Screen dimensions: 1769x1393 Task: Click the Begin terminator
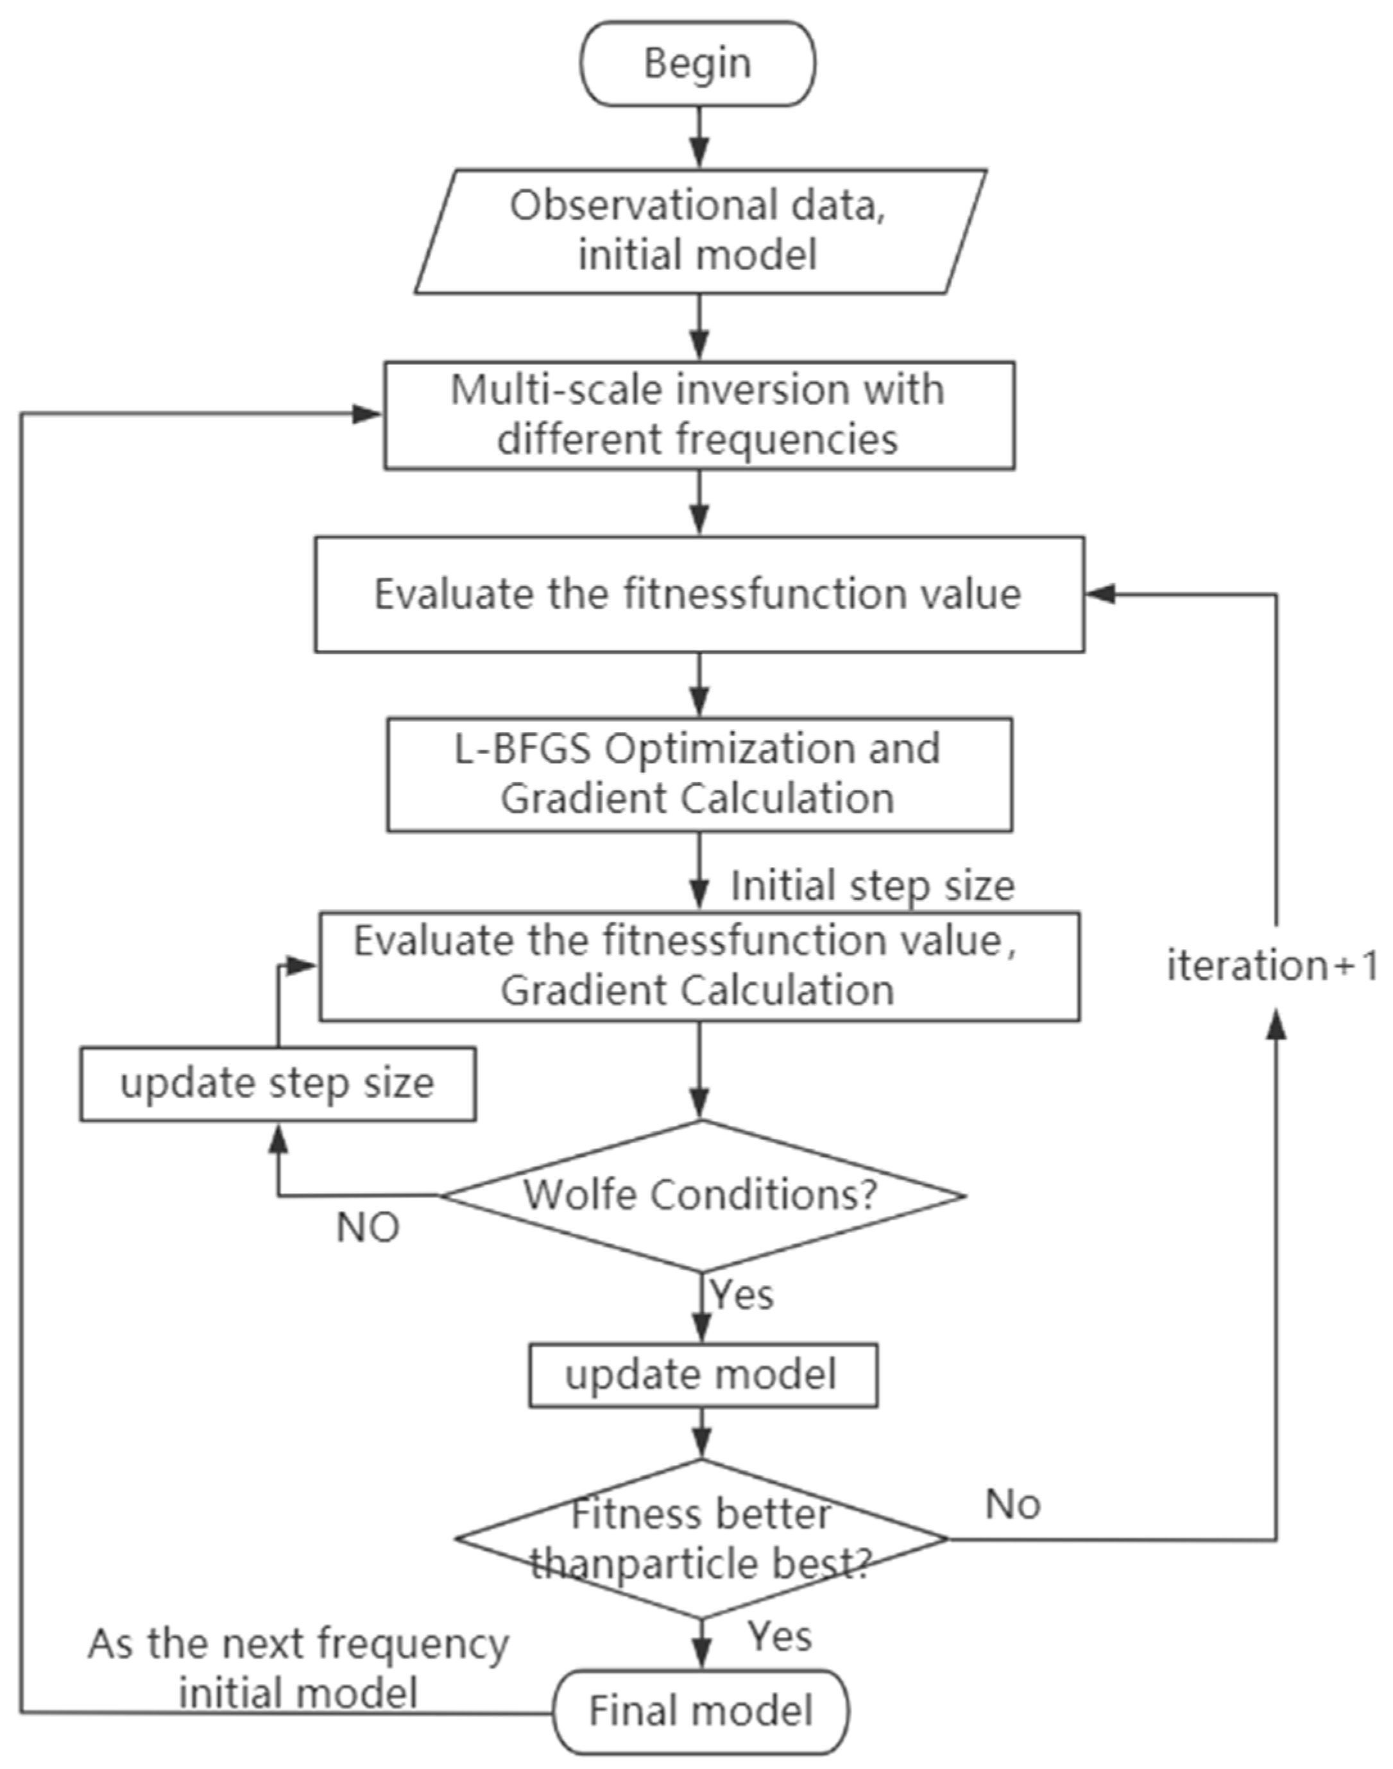pyautogui.click(x=697, y=64)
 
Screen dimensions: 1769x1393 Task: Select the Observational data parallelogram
pyautogui.click(x=700, y=231)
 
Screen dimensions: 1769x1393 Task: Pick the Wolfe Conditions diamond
pyautogui.click(x=701, y=1195)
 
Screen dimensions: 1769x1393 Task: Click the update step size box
pyautogui.click(x=277, y=1084)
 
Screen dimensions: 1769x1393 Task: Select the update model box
pyautogui.click(x=702, y=1375)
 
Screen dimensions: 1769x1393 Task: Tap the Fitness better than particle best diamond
pyautogui.click(x=701, y=1538)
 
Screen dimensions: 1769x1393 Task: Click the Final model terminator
pyautogui.click(x=701, y=1711)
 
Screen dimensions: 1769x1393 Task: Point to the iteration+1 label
pyautogui.click(x=1272, y=966)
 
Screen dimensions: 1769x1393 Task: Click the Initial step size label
pyautogui.click(x=872, y=885)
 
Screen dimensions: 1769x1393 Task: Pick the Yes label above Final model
pyautogui.click(x=780, y=1636)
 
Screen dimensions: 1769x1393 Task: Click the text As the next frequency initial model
pyautogui.click(x=298, y=1669)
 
